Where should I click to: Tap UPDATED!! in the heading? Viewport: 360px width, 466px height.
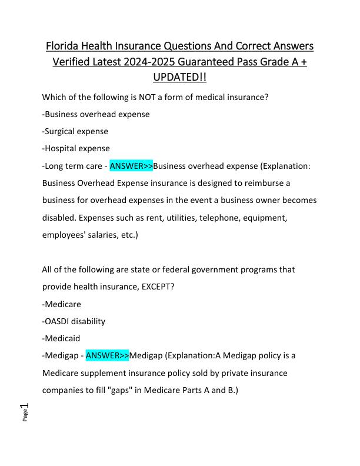(x=179, y=78)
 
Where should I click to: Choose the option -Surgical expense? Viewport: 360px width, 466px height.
(x=75, y=131)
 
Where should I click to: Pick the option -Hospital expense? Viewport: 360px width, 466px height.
(x=76, y=148)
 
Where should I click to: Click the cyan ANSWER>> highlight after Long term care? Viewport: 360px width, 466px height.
(x=131, y=166)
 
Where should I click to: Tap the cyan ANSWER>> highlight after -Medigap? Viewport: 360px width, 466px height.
(x=107, y=355)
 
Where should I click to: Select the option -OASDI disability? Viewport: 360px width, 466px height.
(x=74, y=321)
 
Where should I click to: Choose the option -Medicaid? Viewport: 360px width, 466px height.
(x=61, y=338)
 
